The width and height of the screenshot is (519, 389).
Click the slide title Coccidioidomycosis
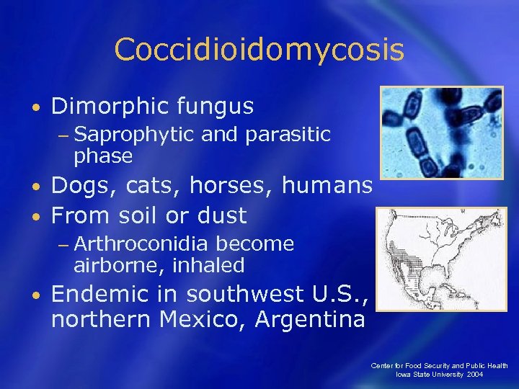pos(259,50)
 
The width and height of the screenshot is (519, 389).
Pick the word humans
pos(327,187)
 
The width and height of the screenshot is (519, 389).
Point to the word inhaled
pos(209,266)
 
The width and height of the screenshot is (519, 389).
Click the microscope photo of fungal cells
pos(441,133)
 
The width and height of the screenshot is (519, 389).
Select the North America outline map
pos(441,259)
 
